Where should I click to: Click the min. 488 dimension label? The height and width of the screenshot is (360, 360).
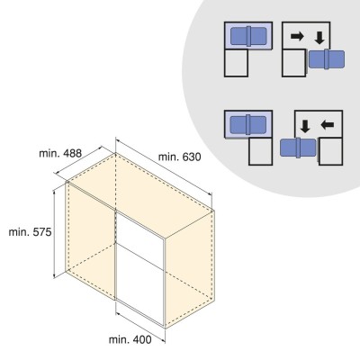pyautogui.click(x=60, y=153)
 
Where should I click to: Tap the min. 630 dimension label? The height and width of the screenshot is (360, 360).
pyautogui.click(x=180, y=157)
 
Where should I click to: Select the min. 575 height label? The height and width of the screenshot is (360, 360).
pyautogui.click(x=31, y=232)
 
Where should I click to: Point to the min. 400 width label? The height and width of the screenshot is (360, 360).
pyautogui.click(x=130, y=340)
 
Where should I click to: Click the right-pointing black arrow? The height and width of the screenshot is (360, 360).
pyautogui.click(x=297, y=37)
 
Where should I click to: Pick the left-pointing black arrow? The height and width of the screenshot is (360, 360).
pyautogui.click(x=328, y=125)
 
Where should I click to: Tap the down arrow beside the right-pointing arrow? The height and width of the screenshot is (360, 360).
pyautogui.click(x=319, y=38)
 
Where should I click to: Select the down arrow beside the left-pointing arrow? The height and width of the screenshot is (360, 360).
pyautogui.click(x=305, y=126)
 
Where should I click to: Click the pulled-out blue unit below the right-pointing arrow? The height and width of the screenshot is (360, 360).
pyautogui.click(x=327, y=59)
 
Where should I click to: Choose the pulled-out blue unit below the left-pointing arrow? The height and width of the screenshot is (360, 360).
pyautogui.click(x=298, y=148)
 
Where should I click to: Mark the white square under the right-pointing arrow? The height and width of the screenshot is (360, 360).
pyautogui.click(x=293, y=63)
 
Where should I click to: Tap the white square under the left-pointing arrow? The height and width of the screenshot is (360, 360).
pyautogui.click(x=330, y=151)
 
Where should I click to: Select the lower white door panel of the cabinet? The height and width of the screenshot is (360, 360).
pyautogui.click(x=140, y=284)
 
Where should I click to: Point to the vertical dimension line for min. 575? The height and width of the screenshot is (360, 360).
pyautogui.click(x=54, y=233)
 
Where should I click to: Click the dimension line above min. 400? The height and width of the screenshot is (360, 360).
pyautogui.click(x=140, y=327)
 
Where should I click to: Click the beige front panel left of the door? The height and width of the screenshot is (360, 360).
pyautogui.click(x=91, y=240)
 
